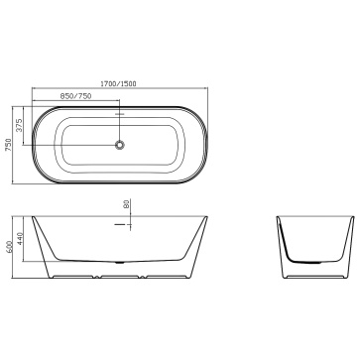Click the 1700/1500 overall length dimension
point(118,84)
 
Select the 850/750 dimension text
point(75,96)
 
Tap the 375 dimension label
point(20,125)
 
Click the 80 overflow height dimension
point(126,203)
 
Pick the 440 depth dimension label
point(20,239)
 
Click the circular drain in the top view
point(119,145)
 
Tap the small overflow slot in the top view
point(119,114)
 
